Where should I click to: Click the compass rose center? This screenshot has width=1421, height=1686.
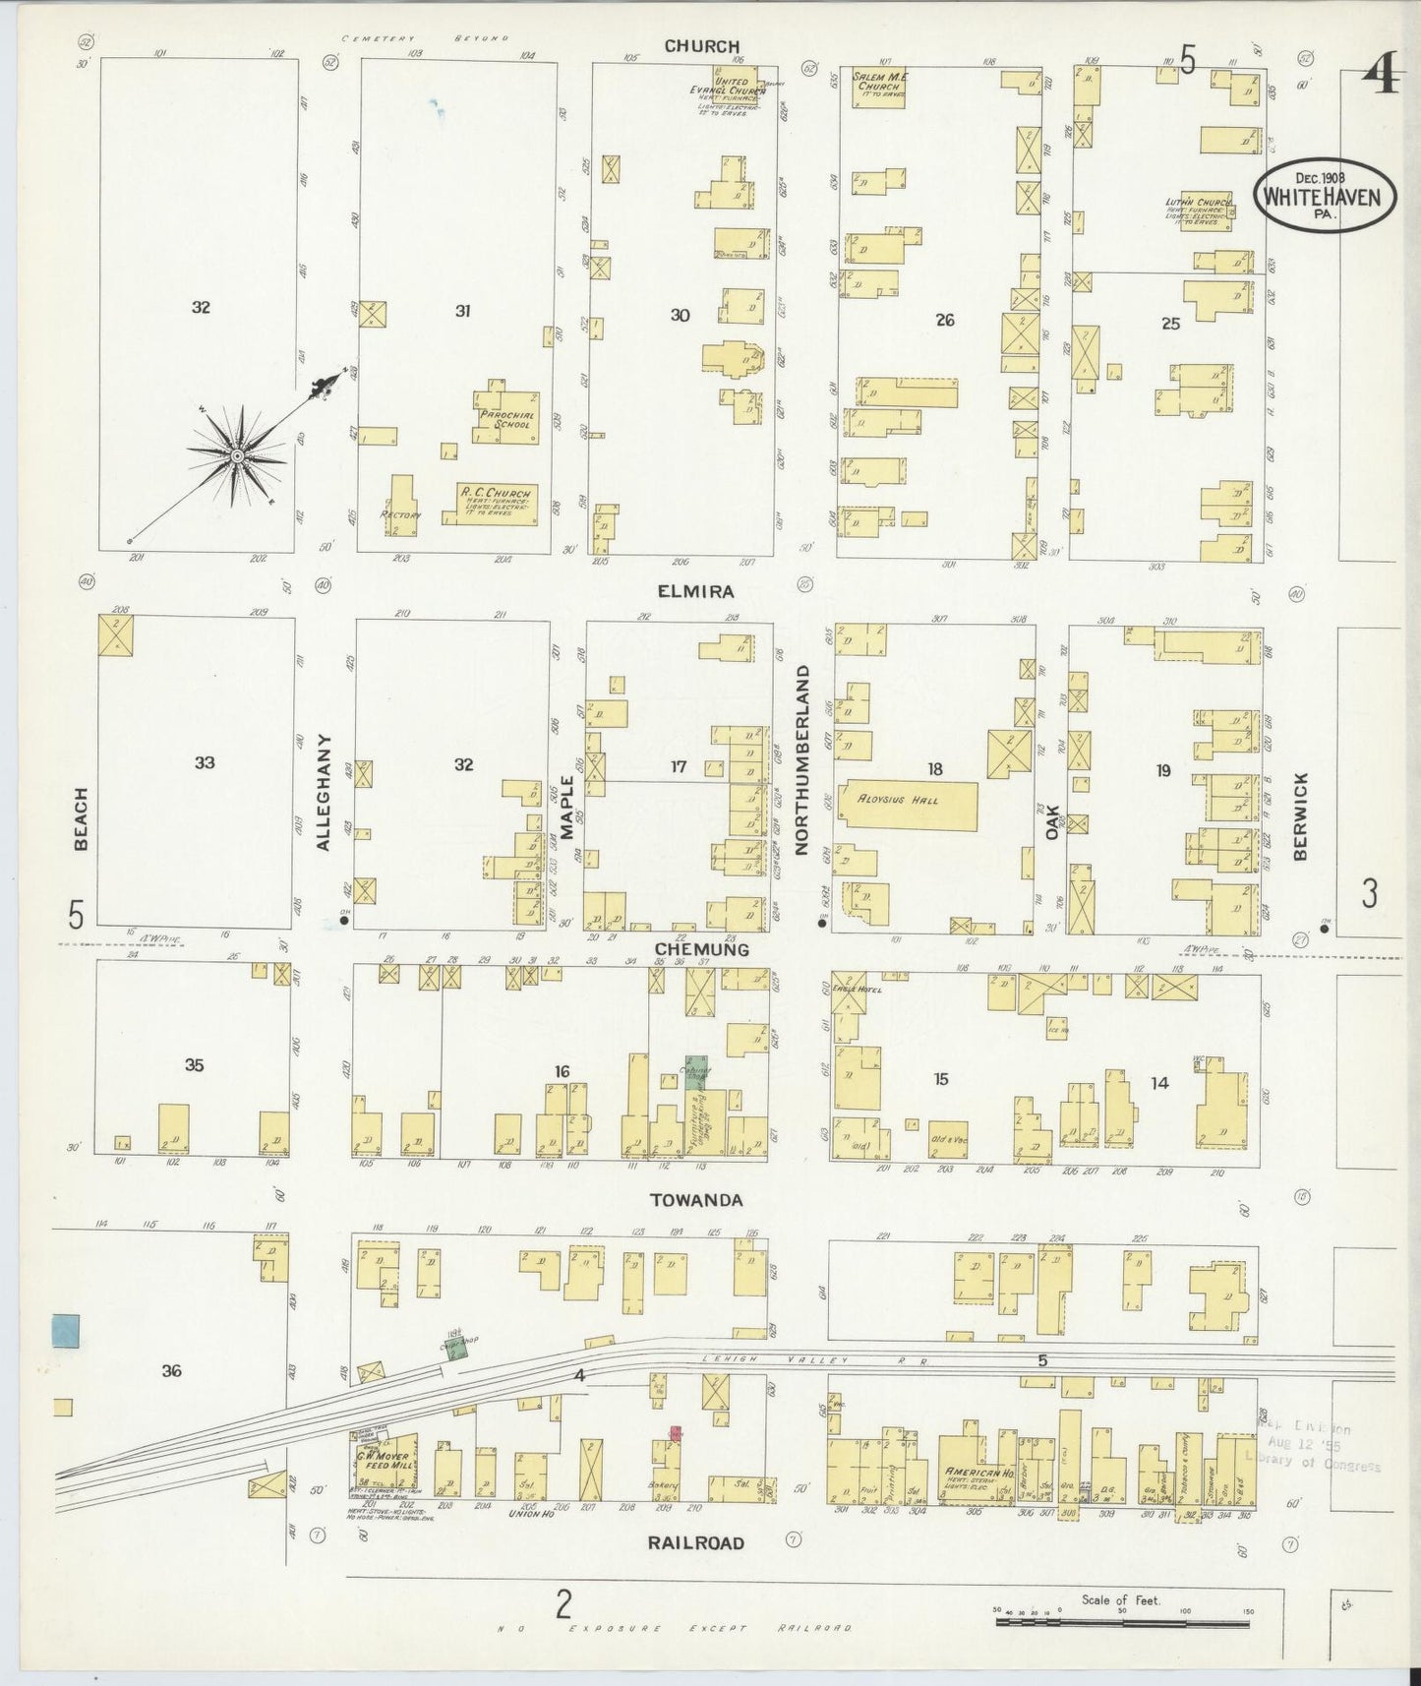coord(237,456)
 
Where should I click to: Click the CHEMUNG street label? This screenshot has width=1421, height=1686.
coord(702,949)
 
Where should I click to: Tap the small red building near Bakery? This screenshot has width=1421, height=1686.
coord(676,1433)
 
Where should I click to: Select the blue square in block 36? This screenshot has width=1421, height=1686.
coord(66,1331)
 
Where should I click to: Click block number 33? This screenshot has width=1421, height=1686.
coord(204,762)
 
